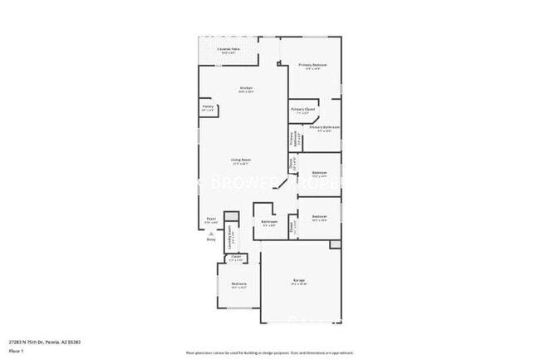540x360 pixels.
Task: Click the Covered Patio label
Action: pos(229,49)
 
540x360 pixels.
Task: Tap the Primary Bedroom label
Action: pos(312,65)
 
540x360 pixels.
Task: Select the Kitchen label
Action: pos(246,88)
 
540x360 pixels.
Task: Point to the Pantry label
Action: pos(208,106)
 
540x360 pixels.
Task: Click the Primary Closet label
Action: pos(302,110)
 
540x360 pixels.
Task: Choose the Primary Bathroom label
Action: pos(325,128)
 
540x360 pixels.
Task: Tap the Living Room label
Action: pos(241,160)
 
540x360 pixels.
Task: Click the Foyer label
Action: pos(212,220)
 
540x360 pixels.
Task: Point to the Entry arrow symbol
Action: pos(210,234)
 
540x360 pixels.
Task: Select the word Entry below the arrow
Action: pos(210,239)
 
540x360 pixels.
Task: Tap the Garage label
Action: pos(299,282)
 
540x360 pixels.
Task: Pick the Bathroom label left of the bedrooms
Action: pos(269,222)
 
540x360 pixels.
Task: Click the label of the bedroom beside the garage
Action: pos(238,284)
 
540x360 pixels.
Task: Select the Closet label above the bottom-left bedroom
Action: pos(237,258)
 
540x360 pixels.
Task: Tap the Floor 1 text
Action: pos(16,351)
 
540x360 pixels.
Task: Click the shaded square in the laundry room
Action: pos(233,217)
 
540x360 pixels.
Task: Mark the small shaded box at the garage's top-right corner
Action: pos(335,244)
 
